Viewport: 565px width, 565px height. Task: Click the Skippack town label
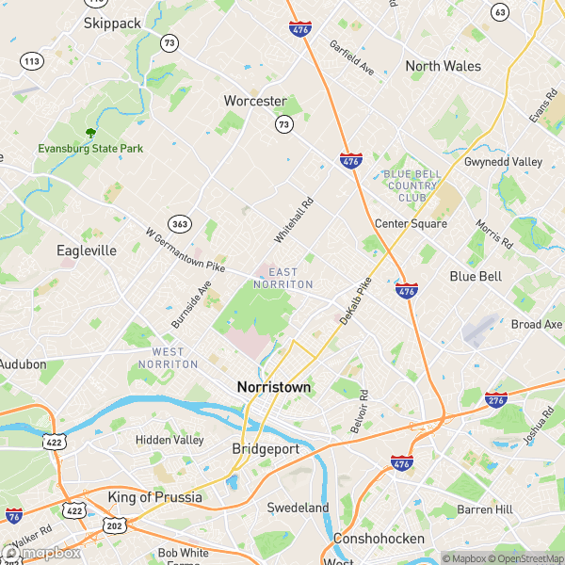coord(112,22)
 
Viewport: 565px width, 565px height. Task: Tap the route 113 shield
coord(32,61)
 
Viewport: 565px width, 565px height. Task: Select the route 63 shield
coord(500,12)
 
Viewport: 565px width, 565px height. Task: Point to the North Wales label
coord(443,66)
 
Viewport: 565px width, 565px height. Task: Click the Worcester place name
coord(254,101)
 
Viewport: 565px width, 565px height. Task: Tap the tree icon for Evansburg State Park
coord(90,134)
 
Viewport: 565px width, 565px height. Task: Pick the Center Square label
coord(411,223)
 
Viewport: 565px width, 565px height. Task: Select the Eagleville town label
coord(86,250)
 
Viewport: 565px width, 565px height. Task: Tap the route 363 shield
coord(179,223)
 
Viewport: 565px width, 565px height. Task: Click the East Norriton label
coord(283,278)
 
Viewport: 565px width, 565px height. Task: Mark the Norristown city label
coord(273,387)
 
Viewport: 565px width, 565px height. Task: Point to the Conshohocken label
coord(378,539)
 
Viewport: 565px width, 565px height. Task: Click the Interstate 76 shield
coord(13,515)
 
